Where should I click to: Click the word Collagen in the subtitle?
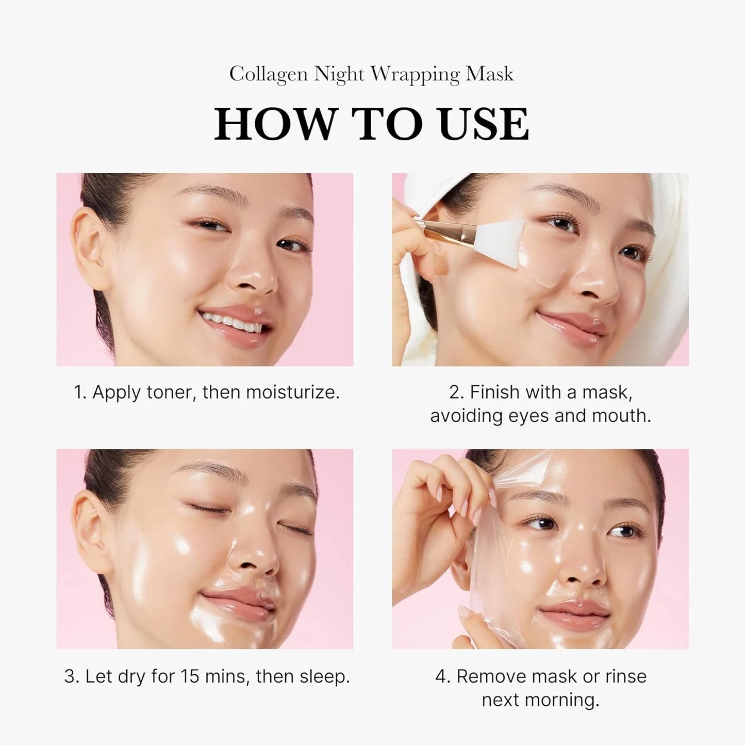[269, 75]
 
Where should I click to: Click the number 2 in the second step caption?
[455, 393]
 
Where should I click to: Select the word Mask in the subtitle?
[489, 75]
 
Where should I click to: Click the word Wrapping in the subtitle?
[416, 75]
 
